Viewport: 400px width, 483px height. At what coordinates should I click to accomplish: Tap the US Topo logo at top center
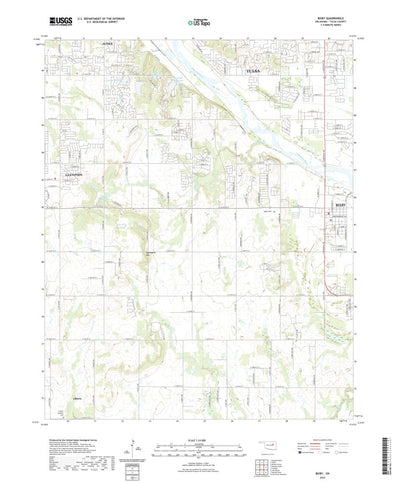click(x=199, y=20)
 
